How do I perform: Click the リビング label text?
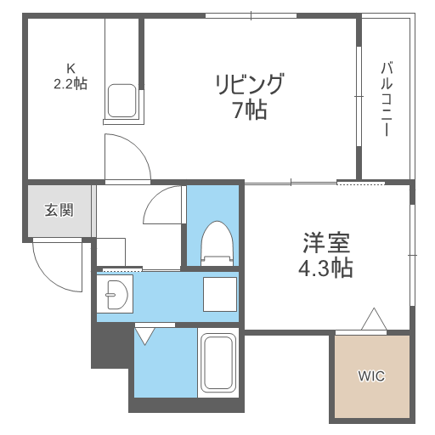(x=248, y=85)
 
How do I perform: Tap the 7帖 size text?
(x=248, y=109)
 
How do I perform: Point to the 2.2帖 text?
(x=71, y=84)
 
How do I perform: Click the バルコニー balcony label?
(x=386, y=99)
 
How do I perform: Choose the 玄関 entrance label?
(x=59, y=210)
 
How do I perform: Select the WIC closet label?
(x=370, y=376)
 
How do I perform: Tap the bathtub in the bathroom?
(x=217, y=363)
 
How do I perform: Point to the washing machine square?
(x=219, y=295)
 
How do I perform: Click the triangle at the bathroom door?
(x=144, y=335)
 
